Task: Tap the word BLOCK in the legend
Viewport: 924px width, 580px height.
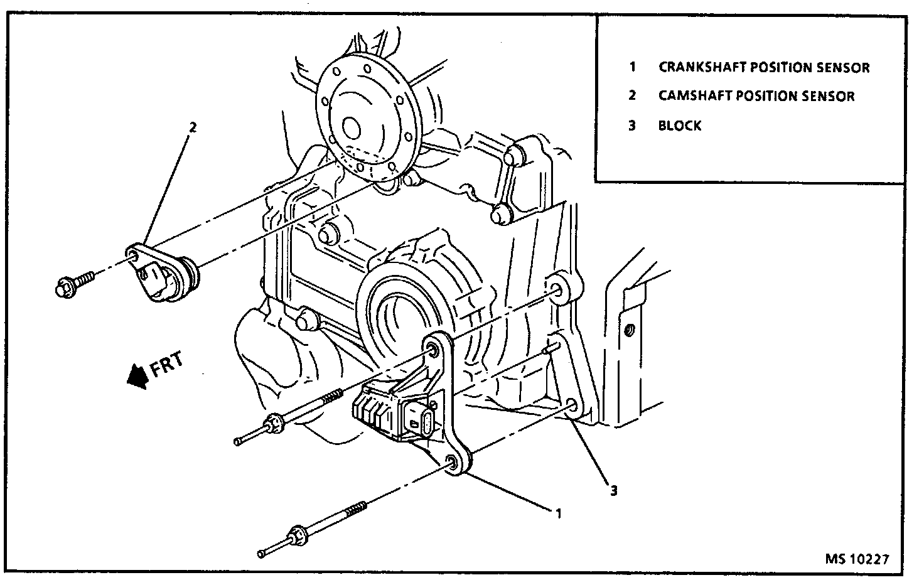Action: [680, 126]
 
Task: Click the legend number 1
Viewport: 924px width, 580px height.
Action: [633, 67]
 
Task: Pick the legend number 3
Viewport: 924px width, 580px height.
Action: [632, 126]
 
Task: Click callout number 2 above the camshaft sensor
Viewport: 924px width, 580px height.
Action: [193, 127]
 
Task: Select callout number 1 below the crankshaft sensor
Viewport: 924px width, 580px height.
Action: [557, 513]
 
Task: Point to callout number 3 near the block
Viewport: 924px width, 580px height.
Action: [614, 491]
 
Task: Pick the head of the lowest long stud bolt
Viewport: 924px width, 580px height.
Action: [294, 540]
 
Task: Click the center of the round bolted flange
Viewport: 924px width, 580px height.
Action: [350, 129]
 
